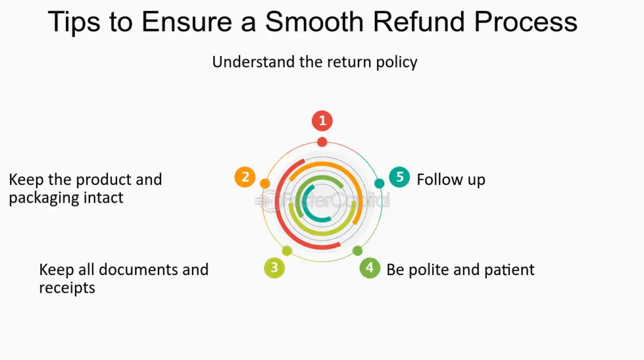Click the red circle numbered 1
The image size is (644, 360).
322,120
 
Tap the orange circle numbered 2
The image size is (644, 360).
245,177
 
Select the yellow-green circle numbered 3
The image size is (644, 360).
274,267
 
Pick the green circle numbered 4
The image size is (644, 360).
370,267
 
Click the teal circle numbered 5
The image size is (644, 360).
399,177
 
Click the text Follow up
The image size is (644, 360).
451,180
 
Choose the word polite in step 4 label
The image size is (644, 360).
435,270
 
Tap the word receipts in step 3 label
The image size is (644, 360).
67,288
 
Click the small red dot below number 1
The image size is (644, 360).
322,142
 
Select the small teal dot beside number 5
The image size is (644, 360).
379,184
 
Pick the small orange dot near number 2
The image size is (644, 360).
265,184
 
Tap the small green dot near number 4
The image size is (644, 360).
357,250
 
